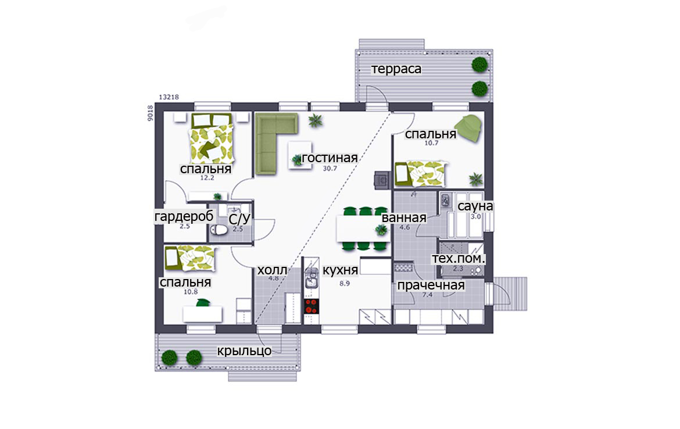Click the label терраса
[396, 69]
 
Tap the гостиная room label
[330, 158]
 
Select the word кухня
[341, 270]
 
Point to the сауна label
[475, 206]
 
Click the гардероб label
[184, 216]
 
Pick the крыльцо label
[244, 351]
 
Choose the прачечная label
[431, 285]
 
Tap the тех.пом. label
[459, 259]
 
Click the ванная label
[404, 218]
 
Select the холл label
[273, 270]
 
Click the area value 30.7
[330, 169]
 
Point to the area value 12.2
[207, 177]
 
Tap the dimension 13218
[169, 97]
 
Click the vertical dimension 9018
[150, 113]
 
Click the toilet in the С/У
[219, 230]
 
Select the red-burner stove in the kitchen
[311, 306]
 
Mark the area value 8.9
[344, 283]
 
